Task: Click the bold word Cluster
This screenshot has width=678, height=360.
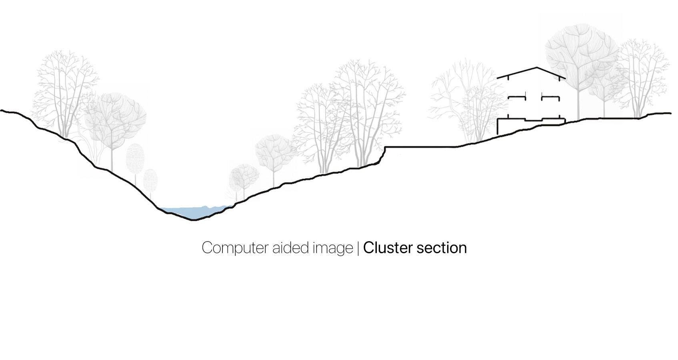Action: coord(388,248)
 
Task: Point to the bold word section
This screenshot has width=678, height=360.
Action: coord(442,248)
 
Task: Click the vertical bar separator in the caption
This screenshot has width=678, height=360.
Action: coord(358,248)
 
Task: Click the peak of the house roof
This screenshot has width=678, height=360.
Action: coord(537,67)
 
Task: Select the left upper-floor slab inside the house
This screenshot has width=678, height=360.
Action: coord(516,97)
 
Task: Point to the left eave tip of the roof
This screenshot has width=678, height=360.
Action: coord(498,78)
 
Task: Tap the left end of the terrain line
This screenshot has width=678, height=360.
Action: coord(2,110)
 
